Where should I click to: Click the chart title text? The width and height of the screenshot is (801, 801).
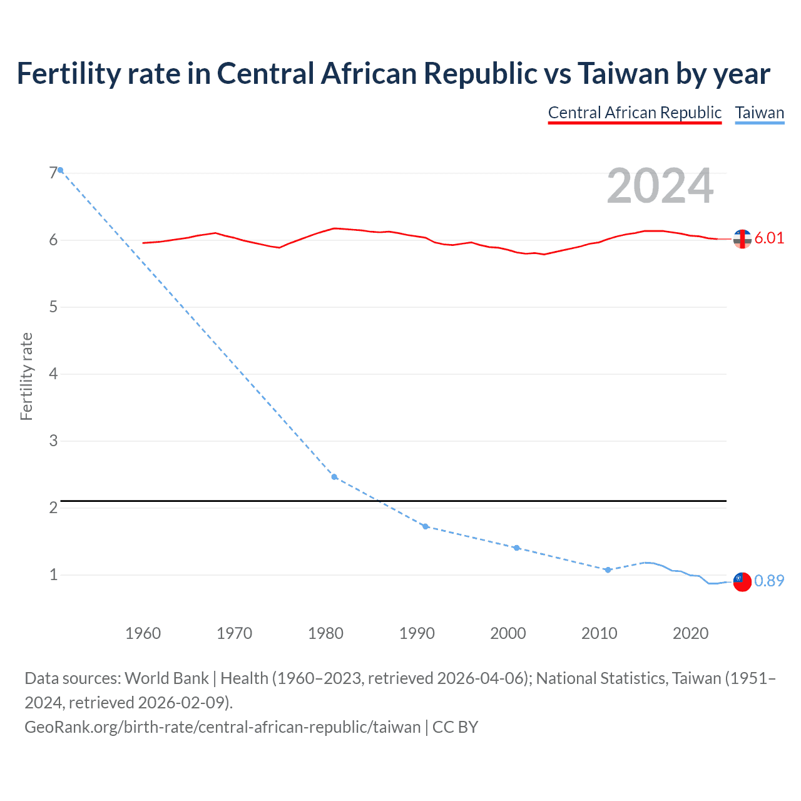tap(393, 74)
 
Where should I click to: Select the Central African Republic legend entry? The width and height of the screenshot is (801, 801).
tap(635, 113)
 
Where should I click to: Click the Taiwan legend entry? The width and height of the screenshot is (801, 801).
tap(759, 113)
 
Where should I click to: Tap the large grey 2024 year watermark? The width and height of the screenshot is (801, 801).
tap(660, 186)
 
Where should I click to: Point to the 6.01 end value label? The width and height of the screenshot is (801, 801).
tap(769, 238)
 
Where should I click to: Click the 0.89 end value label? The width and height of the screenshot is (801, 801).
tap(769, 581)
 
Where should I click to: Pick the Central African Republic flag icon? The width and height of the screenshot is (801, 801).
tap(742, 238)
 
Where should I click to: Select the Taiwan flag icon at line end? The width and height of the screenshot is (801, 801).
tap(742, 581)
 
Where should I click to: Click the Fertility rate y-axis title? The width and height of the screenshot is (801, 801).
tap(26, 376)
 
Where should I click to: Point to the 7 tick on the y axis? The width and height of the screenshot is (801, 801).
tap(53, 173)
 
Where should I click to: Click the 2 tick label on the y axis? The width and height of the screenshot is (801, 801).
tap(53, 508)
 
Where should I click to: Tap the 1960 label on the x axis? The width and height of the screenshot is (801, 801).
tap(143, 633)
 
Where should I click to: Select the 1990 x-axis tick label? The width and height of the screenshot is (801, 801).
tap(417, 633)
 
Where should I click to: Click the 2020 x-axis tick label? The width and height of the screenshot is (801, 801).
tap(690, 633)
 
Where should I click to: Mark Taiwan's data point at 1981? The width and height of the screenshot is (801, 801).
tap(334, 477)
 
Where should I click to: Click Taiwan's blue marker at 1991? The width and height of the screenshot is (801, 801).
tap(426, 526)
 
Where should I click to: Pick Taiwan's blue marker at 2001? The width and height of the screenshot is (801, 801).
tap(516, 548)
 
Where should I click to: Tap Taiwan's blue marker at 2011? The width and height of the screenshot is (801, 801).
tap(608, 569)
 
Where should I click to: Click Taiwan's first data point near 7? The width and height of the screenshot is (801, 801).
tap(61, 170)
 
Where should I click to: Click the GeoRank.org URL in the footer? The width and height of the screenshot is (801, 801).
tap(222, 727)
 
